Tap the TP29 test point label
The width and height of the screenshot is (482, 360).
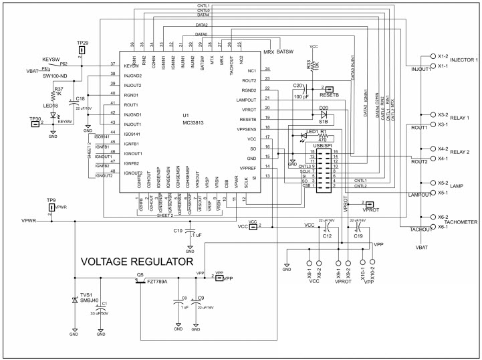tap(82, 42)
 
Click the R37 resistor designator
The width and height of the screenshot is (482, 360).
tap(59, 89)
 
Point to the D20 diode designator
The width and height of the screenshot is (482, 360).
tap(324, 108)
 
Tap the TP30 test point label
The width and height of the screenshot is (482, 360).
tap(35, 119)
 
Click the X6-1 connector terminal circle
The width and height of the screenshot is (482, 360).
tap(433, 228)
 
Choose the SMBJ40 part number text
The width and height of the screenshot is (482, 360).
tap(89, 300)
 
